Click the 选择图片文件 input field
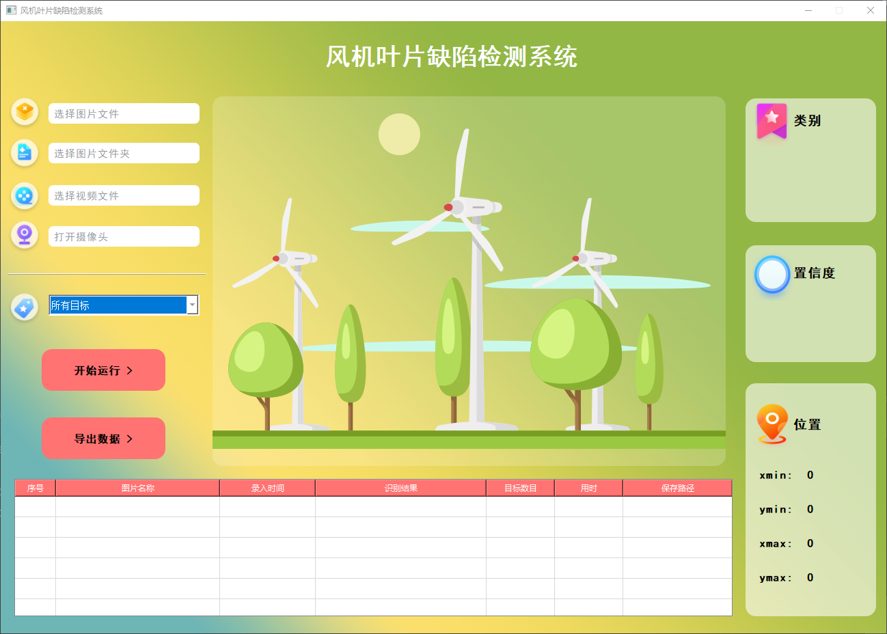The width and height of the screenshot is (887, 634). pyautogui.click(x=124, y=113)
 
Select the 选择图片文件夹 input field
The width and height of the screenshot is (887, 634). pyautogui.click(x=124, y=153)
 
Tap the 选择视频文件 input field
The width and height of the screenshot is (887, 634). pyautogui.click(x=124, y=195)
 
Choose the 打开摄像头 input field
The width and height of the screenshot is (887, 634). pyautogui.click(x=124, y=236)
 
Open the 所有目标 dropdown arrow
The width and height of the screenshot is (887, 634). pyautogui.click(x=193, y=305)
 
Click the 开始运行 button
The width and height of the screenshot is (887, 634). pyautogui.click(x=103, y=370)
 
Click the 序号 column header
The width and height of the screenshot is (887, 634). pyautogui.click(x=36, y=488)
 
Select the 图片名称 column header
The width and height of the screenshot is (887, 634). pyautogui.click(x=137, y=488)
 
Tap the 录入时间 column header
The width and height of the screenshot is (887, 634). pyautogui.click(x=267, y=488)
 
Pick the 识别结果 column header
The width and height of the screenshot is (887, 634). pyautogui.click(x=400, y=488)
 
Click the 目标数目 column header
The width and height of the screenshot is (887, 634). pyautogui.click(x=520, y=488)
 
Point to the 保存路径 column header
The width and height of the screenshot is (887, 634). pyautogui.click(x=677, y=488)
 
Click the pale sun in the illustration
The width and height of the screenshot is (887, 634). pyautogui.click(x=399, y=134)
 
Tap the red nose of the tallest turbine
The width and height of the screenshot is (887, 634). pyautogui.click(x=448, y=207)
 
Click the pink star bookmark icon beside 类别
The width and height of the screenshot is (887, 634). pyautogui.click(x=772, y=120)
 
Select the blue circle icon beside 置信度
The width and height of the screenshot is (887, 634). pyautogui.click(x=772, y=274)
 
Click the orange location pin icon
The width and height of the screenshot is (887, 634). pyautogui.click(x=772, y=423)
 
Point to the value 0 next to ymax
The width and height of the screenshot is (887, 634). pyautogui.click(x=810, y=577)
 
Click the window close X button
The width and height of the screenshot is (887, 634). pyautogui.click(x=870, y=10)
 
